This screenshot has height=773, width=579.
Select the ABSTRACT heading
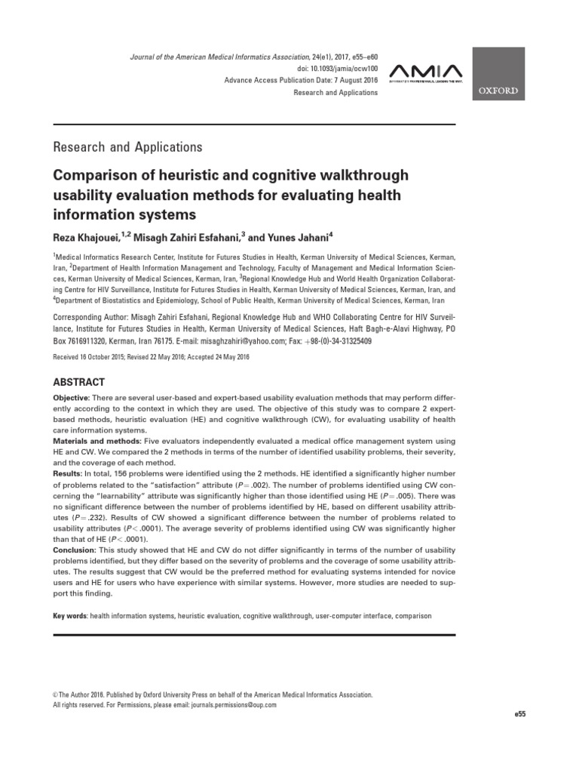[x=78, y=382]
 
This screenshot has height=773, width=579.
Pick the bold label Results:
[x=66, y=472]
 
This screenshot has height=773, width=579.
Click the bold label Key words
[x=70, y=616]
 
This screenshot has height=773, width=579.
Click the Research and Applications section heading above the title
[x=127, y=146]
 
